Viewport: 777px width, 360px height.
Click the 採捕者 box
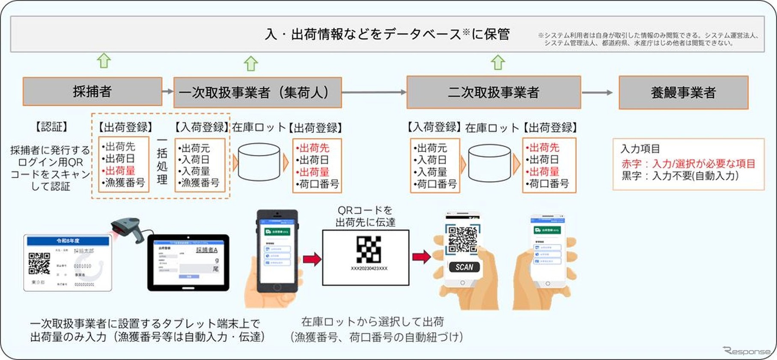click(92, 91)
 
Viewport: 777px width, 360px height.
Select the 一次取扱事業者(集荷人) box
click(257, 92)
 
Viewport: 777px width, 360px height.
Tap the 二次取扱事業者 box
click(493, 92)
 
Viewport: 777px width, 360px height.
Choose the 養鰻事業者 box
click(683, 92)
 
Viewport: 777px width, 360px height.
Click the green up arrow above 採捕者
click(104, 60)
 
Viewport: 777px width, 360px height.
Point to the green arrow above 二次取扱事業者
click(497, 62)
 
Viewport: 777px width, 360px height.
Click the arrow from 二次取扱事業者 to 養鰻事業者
click(598, 92)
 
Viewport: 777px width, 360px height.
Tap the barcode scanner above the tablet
click(128, 229)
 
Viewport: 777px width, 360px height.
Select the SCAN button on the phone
click(464, 267)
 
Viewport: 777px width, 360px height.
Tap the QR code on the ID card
click(39, 263)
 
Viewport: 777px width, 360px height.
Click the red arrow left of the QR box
click(312, 259)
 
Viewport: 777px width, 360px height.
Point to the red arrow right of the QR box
click(421, 256)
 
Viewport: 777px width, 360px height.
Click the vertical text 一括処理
click(162, 160)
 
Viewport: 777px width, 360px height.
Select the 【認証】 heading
click(51, 127)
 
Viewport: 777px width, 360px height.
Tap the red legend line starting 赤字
click(688, 164)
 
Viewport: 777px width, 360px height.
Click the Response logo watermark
click(747, 351)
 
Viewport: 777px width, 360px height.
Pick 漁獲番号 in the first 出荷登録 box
click(125, 183)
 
